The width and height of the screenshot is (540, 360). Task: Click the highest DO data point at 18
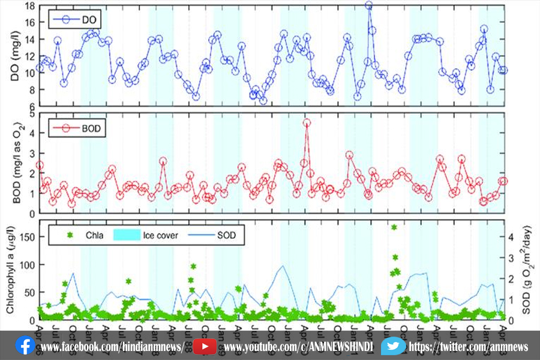coord(369,5)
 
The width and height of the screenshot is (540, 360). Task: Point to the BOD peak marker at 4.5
coord(307,122)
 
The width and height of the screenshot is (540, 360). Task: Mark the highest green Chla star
coord(394,227)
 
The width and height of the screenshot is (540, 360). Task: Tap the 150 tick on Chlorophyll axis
coord(26,236)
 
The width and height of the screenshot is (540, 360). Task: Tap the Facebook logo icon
coord(25,346)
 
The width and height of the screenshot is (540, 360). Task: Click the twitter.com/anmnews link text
coord(469,347)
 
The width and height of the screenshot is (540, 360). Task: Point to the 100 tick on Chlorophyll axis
coord(26,264)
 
